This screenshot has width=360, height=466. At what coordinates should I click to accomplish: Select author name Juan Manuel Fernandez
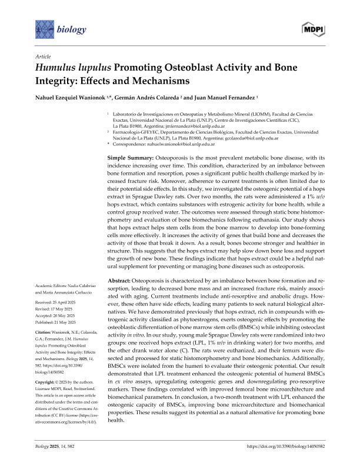click(x=226, y=95)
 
